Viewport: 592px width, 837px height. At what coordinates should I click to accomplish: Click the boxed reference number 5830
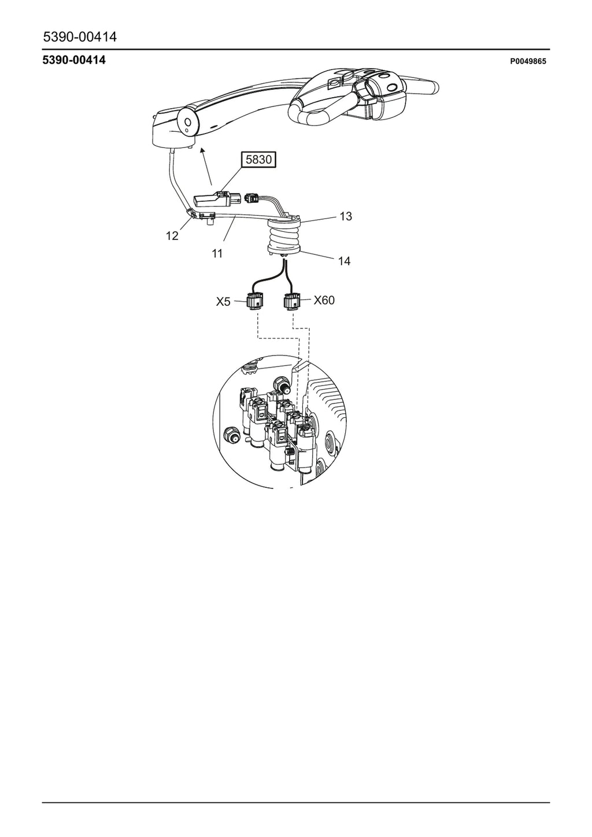coord(258,160)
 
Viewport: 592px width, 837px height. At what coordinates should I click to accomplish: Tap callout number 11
coord(217,254)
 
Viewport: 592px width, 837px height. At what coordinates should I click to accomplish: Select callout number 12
coord(172,236)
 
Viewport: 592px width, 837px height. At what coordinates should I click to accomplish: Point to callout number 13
coord(346,216)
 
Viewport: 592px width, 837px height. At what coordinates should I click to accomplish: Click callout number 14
coord(344,261)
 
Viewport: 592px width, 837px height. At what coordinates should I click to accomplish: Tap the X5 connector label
coord(223,302)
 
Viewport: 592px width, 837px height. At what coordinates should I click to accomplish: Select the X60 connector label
coord(324,300)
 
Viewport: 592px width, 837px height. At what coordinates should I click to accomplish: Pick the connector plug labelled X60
coord(292,301)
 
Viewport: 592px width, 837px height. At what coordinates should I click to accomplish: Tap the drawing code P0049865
coord(528,61)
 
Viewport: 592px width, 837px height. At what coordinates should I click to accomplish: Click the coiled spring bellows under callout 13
coord(284,238)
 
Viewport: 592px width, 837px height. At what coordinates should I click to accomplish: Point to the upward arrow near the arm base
coord(207,166)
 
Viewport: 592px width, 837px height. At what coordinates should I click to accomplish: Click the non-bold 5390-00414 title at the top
coord(80,36)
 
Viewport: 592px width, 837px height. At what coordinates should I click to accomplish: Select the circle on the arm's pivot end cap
coord(188,122)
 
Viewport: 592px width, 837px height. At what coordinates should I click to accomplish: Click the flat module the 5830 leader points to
coord(212,199)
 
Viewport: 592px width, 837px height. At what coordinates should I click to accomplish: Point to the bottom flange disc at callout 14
coord(284,249)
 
